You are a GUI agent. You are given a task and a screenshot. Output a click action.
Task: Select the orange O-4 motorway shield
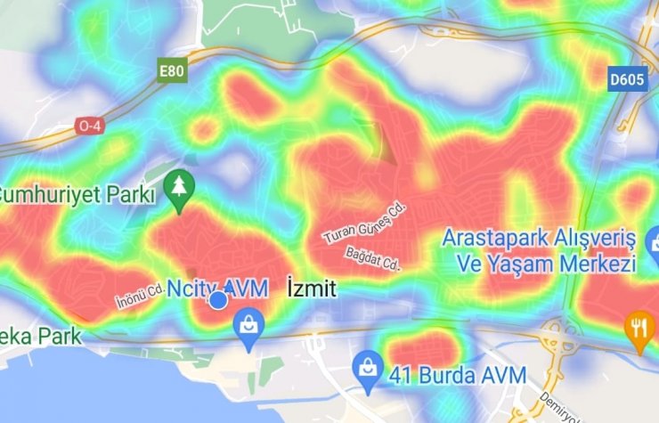pyautogui.click(x=89, y=126)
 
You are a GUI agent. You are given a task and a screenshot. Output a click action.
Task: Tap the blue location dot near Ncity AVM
pyautogui.click(x=218, y=301)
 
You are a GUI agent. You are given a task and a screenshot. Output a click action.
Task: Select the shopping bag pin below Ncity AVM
pyautogui.click(x=248, y=327)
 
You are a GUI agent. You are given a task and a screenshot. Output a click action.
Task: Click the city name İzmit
pyautogui.click(x=313, y=289)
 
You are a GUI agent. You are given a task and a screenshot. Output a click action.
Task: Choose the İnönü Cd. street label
pyautogui.click(x=139, y=295)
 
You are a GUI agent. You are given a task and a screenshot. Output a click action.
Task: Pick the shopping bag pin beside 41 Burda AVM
pyautogui.click(x=367, y=364)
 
